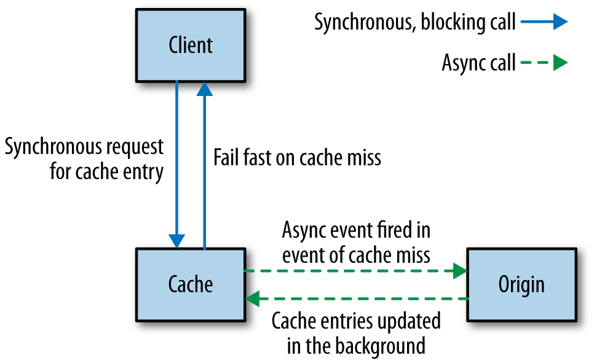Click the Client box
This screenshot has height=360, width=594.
[x=191, y=46]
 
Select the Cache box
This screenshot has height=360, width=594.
[x=191, y=284]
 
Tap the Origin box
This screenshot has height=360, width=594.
[x=521, y=284]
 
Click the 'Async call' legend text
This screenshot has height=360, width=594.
[x=478, y=63]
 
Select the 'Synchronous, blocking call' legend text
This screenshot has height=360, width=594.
[x=415, y=23]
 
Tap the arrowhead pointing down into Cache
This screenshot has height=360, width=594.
[x=177, y=241]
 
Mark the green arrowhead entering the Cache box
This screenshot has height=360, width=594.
[x=253, y=299]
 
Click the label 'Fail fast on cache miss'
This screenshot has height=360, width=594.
[x=297, y=158]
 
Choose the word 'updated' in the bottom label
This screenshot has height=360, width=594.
[x=411, y=321]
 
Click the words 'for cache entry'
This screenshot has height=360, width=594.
[x=107, y=171]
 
